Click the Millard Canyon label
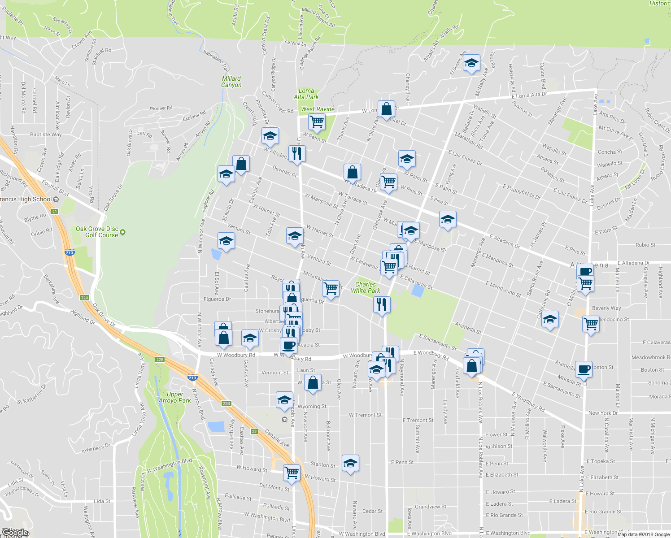tap(231, 82)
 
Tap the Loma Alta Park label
tap(306, 94)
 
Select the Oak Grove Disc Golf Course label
tap(97, 232)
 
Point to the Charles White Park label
tap(366, 287)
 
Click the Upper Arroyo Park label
tap(175, 397)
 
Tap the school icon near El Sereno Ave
tap(471, 64)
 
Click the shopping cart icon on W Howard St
tap(292, 473)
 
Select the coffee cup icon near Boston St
tap(584, 369)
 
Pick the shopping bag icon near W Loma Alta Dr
tap(386, 109)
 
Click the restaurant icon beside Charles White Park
tap(381, 305)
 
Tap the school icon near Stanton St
tap(350, 464)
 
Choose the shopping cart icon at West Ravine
tap(317, 121)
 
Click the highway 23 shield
tap(254, 431)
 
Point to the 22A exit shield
tap(85, 298)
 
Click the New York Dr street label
tap(603, 413)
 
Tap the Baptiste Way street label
tap(46, 134)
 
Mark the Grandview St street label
tap(431, 507)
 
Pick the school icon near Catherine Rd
tap(550, 320)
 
